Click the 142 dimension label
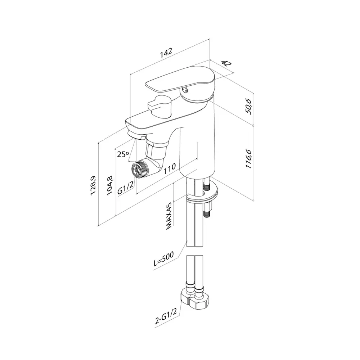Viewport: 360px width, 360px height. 166,53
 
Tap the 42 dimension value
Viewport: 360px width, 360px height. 226,64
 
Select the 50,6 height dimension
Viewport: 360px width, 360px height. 249,107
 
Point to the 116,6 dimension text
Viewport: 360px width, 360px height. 249,159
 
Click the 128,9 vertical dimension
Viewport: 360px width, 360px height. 94,185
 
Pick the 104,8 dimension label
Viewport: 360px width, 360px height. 110,185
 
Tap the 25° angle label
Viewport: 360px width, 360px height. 123,154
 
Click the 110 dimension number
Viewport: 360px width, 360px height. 170,168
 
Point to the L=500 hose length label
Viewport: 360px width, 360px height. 164,259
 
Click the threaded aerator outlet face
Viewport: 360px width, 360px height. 137,170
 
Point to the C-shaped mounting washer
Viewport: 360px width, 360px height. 202,192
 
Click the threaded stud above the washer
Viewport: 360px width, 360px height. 206,185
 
